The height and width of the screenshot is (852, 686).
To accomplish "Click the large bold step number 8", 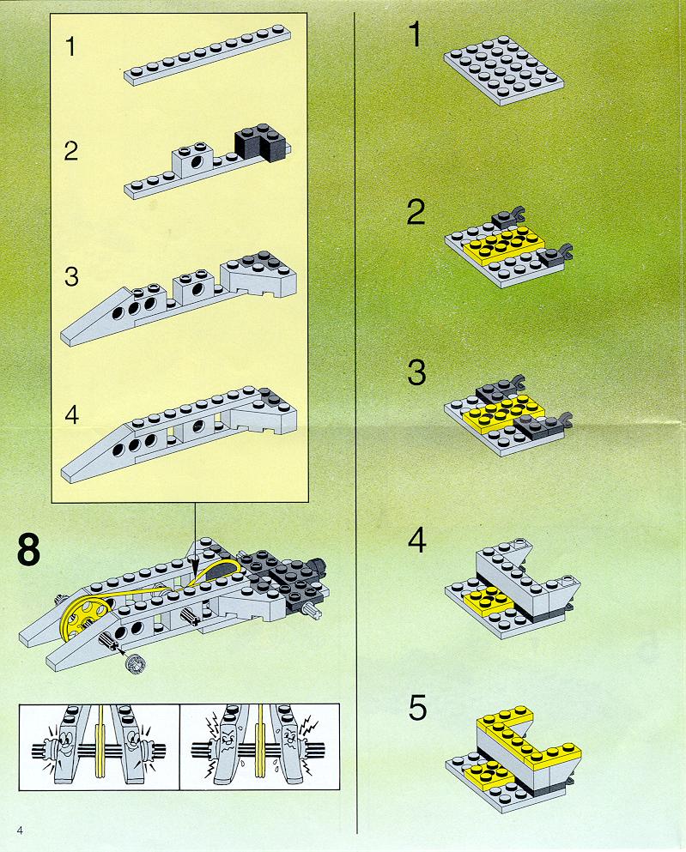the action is (x=29, y=550).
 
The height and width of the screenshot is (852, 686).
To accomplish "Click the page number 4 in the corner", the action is (x=20, y=830).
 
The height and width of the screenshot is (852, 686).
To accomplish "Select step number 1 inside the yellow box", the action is (x=70, y=46).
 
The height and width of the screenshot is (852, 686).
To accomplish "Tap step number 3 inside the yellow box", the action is (x=71, y=276).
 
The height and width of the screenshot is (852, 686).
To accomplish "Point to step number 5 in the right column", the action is (x=417, y=708).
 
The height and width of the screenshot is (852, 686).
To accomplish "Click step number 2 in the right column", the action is (x=416, y=212).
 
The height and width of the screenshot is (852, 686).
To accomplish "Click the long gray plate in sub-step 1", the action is (x=207, y=54).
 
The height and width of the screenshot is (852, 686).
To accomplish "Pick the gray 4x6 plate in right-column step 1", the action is (x=503, y=69).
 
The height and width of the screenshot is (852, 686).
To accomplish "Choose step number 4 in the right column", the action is (x=417, y=541).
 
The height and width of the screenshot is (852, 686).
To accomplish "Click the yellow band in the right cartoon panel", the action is (x=261, y=745).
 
